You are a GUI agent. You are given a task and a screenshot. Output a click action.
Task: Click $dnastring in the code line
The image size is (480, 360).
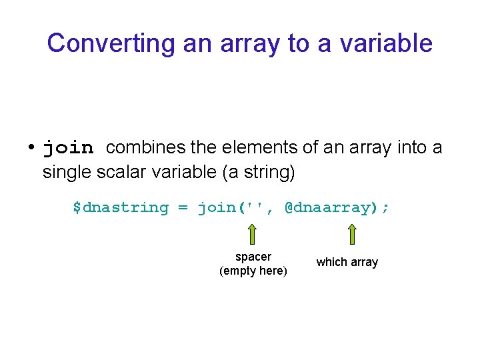click(121, 207)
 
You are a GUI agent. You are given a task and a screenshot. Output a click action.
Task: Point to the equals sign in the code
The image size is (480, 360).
click(183, 207)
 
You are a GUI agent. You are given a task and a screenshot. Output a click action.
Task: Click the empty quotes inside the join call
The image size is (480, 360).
click(254, 207)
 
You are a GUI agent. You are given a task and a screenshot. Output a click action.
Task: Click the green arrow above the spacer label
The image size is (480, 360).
click(253, 235)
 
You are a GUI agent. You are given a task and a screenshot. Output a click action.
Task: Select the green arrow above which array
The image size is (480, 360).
click(352, 234)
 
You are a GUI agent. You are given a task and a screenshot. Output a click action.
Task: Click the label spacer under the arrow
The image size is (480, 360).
click(253, 257)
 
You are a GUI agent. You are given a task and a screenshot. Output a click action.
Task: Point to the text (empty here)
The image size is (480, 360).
click(253, 271)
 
